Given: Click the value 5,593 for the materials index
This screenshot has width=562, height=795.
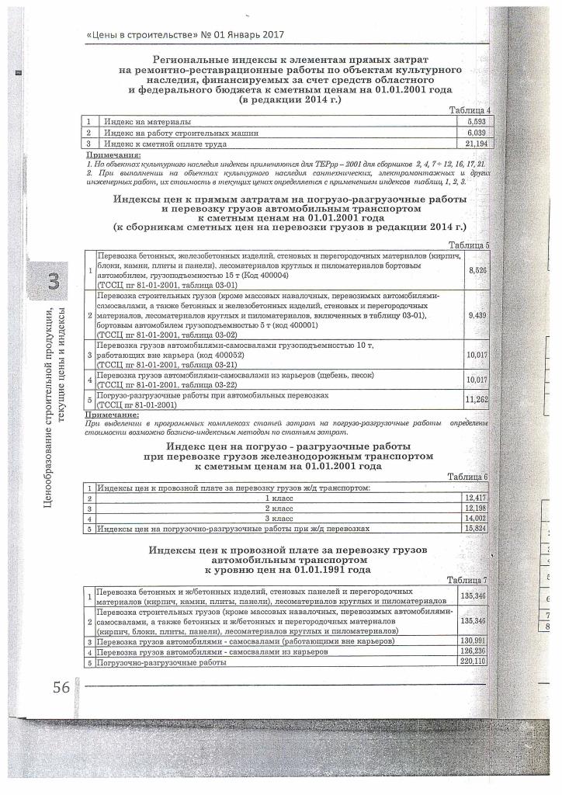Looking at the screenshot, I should [x=477, y=123].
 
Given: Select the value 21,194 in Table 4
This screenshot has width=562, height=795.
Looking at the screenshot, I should [x=476, y=144].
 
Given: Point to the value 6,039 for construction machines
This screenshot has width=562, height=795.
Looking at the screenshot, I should [x=477, y=134].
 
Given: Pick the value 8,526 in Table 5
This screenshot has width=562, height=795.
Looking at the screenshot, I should [x=477, y=269].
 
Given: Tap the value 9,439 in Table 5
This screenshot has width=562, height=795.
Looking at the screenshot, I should [x=477, y=315].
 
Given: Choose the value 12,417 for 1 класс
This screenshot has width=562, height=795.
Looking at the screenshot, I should [x=474, y=497].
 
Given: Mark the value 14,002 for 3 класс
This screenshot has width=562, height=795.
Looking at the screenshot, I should [x=474, y=518].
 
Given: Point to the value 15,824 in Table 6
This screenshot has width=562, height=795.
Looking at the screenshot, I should [x=474, y=529].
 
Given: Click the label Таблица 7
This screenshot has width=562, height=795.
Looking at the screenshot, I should [x=467, y=581].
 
